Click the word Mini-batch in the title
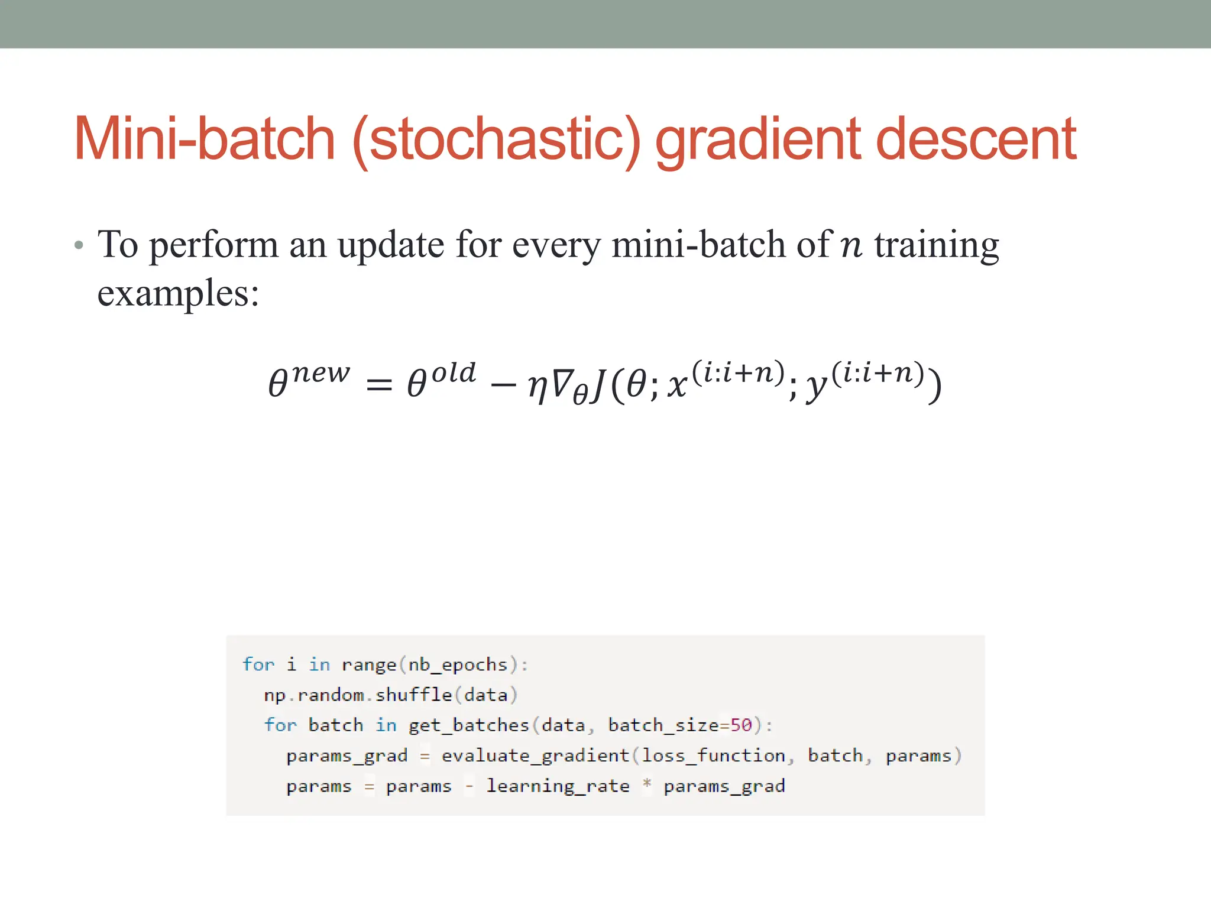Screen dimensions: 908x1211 205,140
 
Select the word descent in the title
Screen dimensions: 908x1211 976,140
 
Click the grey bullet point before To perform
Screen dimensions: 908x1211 79,245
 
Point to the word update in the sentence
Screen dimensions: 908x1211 390,245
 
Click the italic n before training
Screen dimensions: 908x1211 851,246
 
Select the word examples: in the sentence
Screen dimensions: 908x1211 178,294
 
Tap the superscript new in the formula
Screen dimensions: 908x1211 320,374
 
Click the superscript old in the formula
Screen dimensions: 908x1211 454,373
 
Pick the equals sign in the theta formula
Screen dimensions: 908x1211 379,386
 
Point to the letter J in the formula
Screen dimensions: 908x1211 598,384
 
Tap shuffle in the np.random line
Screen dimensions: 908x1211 413,695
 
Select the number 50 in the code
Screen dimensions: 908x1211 741,725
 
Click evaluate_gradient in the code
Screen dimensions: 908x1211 535,756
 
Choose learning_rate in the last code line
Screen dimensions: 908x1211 558,787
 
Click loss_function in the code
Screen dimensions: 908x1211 714,756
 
